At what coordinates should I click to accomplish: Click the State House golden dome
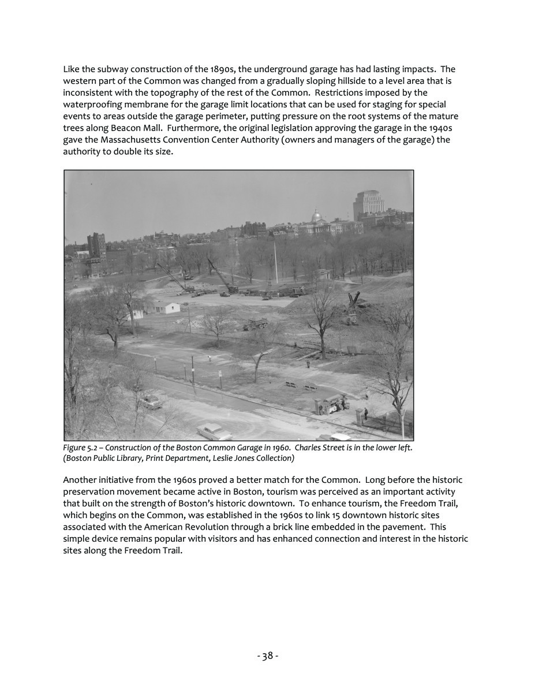(x=316, y=216)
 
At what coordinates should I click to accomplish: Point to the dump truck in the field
(x=256, y=324)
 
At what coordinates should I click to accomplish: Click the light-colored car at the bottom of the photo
(x=214, y=431)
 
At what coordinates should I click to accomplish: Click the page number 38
(x=267, y=655)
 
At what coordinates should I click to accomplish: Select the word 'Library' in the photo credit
(x=129, y=458)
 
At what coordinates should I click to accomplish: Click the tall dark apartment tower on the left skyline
(x=96, y=245)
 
